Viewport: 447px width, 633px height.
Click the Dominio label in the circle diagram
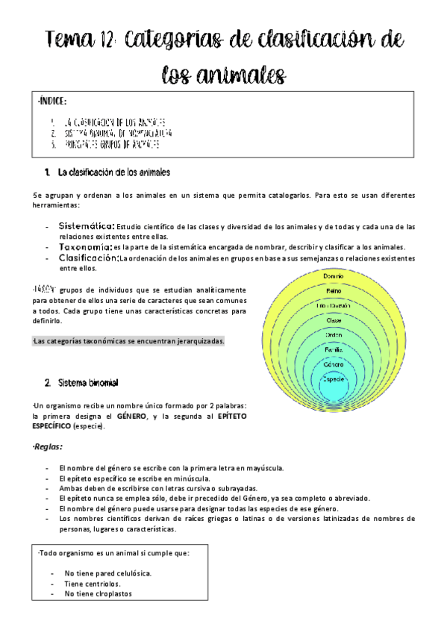pos(334,277)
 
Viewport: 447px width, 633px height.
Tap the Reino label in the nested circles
pos(334,291)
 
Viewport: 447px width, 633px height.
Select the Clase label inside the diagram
pos(334,319)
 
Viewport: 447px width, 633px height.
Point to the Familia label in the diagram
pos(334,349)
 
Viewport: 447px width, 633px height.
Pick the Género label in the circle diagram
pos(334,364)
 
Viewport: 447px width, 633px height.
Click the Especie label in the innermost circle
pos(334,379)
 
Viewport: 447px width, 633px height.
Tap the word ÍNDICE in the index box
pos(51,101)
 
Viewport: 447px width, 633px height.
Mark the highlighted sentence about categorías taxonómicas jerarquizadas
pos(129,341)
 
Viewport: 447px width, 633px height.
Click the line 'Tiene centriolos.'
pos(93,584)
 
